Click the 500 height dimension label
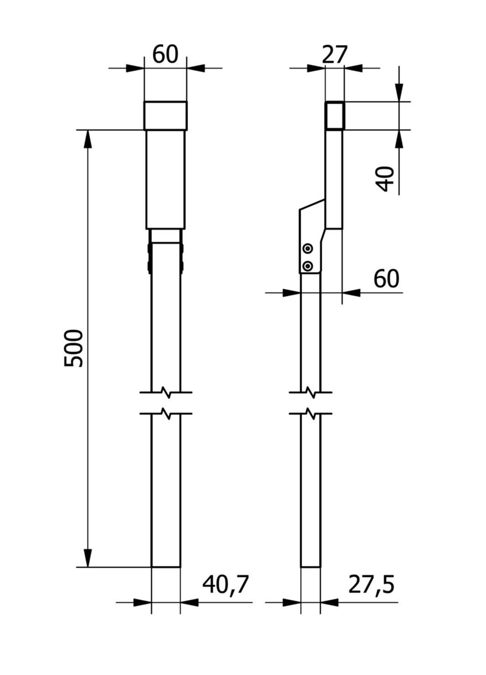73,348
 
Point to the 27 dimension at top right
334,55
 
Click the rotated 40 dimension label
386,179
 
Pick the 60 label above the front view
165,55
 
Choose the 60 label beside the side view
386,279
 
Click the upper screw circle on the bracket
308,249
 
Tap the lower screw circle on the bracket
308,266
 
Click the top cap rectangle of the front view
166,116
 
